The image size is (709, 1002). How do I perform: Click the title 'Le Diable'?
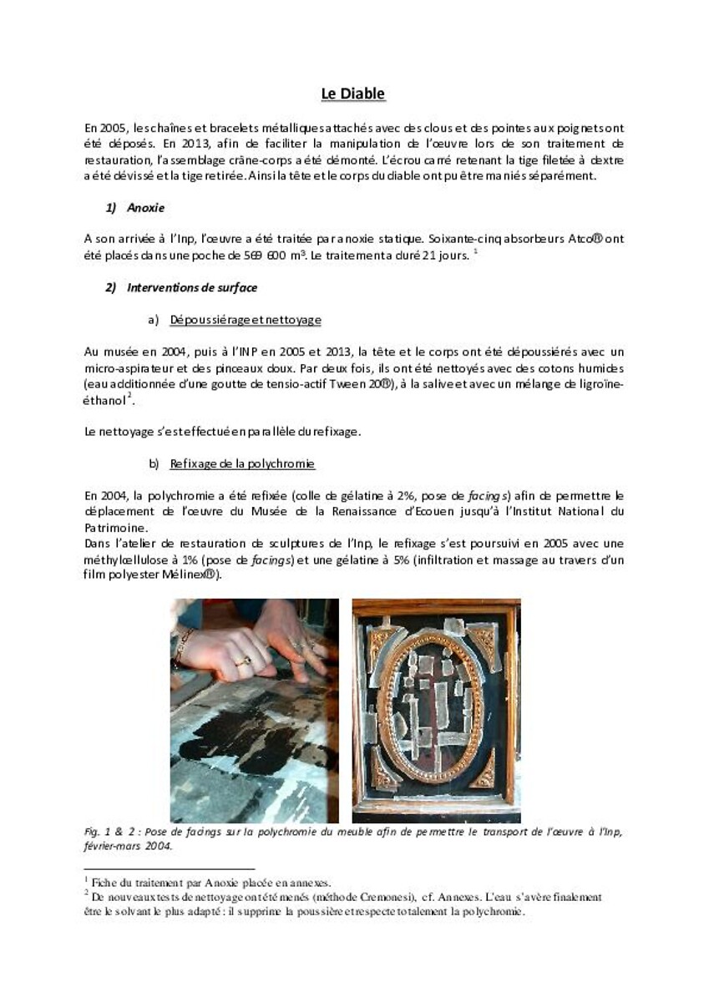point(353,94)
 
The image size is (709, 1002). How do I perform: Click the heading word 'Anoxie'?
point(146,207)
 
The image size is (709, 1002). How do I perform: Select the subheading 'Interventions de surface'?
point(192,287)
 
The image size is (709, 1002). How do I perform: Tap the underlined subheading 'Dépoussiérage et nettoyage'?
point(246,320)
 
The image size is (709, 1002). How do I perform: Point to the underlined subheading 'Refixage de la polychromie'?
point(242,463)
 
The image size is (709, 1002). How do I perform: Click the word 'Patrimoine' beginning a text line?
point(116,528)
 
